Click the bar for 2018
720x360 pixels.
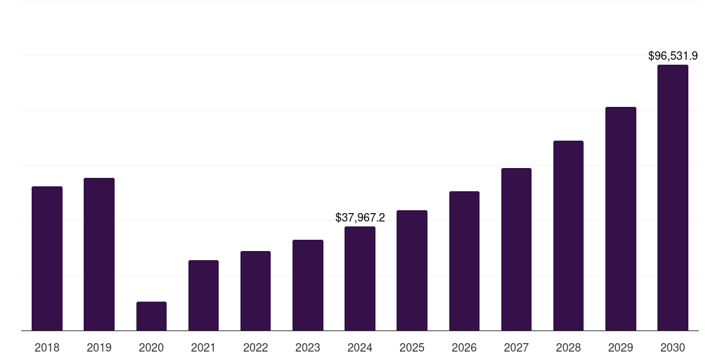(47, 258)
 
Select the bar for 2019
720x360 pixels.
(99, 254)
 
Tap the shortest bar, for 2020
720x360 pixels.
(151, 316)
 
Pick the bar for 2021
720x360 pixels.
(203, 295)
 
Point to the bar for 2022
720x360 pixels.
(255, 290)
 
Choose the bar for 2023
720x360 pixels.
(308, 285)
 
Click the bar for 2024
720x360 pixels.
(360, 278)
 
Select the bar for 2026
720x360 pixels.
(464, 261)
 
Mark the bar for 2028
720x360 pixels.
(568, 236)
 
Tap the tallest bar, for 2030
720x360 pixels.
(673, 198)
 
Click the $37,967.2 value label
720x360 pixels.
(360, 218)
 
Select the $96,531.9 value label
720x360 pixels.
(673, 56)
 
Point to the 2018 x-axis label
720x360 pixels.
(47, 347)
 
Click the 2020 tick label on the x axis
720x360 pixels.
(151, 347)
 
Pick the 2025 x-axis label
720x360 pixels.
(412, 347)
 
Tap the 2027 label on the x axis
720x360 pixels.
(516, 347)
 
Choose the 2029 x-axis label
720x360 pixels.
(621, 347)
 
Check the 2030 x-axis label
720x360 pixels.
(673, 347)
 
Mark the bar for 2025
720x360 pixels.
(412, 270)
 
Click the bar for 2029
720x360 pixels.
(621, 219)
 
